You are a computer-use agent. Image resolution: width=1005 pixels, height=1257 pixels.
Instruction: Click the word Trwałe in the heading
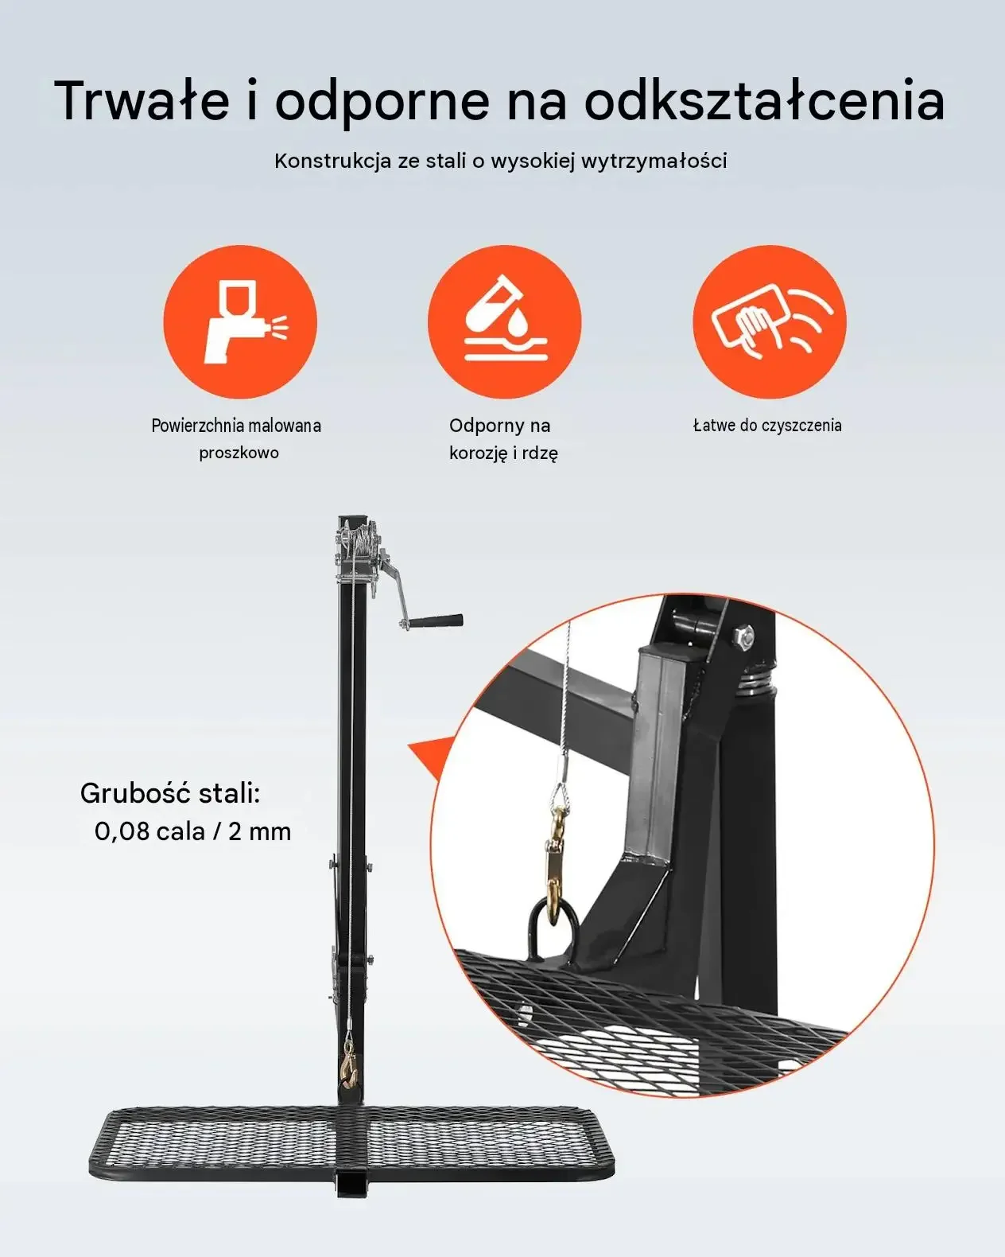[142, 100]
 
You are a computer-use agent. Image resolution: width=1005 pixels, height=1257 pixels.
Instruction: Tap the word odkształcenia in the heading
[764, 100]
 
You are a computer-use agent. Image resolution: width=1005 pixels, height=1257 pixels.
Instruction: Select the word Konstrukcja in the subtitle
[332, 161]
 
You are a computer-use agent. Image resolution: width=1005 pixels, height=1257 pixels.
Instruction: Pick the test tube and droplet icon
[505, 322]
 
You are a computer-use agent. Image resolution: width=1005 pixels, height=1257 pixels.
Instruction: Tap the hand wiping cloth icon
[770, 322]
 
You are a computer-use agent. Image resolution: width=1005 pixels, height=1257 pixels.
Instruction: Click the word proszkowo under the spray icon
[239, 453]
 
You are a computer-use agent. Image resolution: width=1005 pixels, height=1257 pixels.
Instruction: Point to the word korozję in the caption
[479, 453]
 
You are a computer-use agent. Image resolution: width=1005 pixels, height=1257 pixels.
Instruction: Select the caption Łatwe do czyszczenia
[767, 425]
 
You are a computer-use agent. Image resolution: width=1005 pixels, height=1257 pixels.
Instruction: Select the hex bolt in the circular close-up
[743, 636]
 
